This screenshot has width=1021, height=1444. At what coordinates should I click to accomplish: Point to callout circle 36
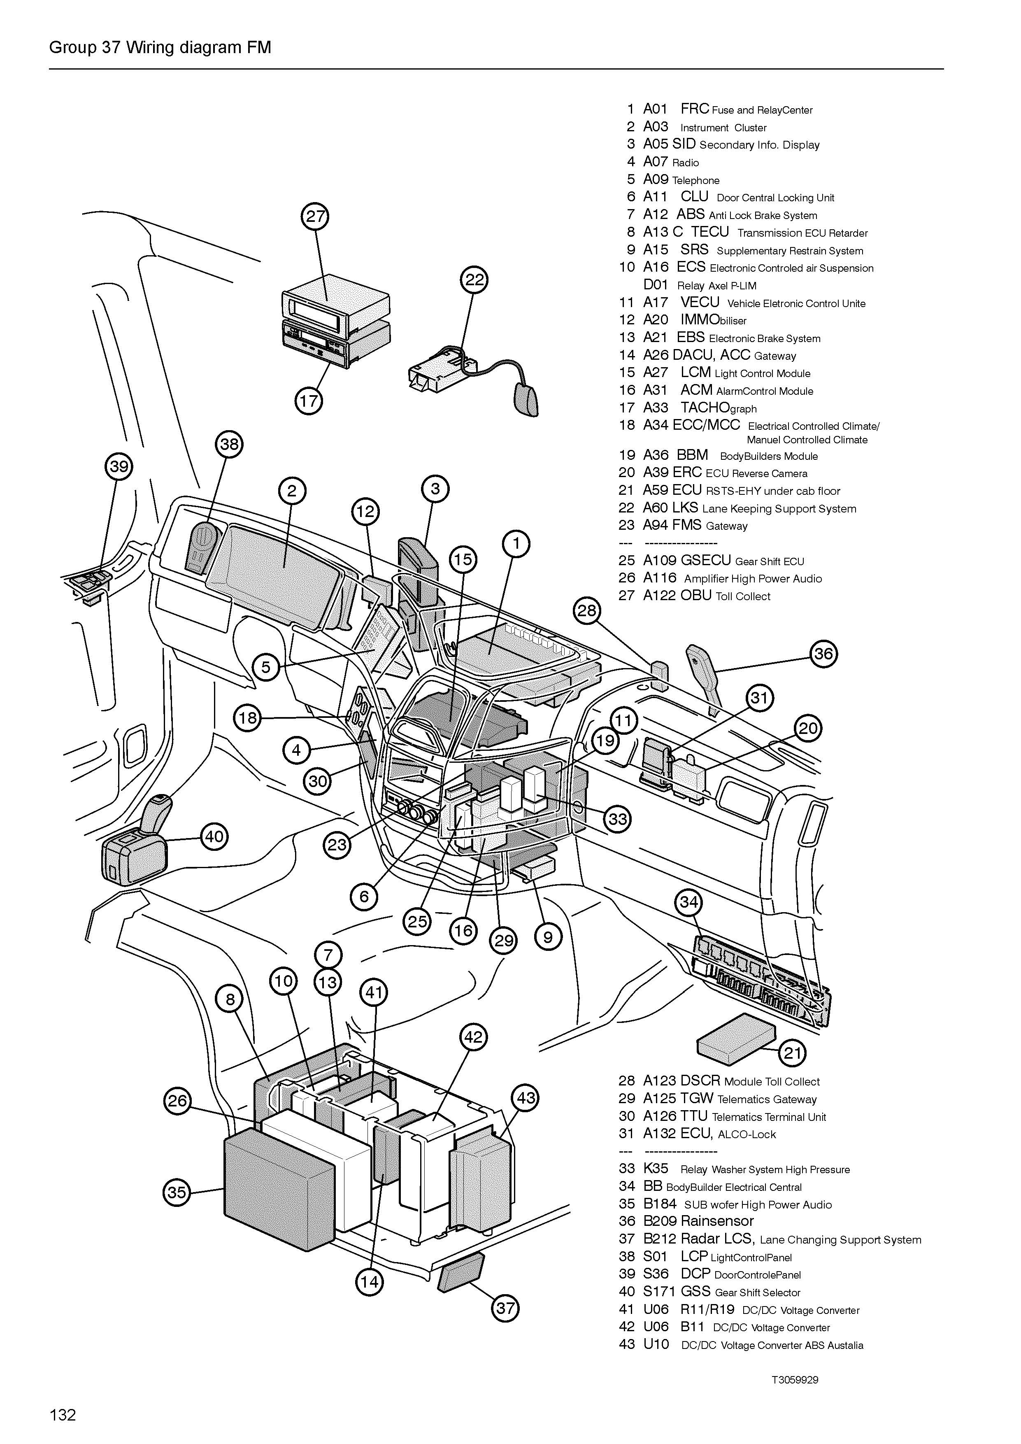[x=823, y=654]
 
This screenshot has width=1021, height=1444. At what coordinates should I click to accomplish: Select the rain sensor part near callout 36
[x=705, y=673]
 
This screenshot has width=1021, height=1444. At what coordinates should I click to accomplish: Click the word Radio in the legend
[x=685, y=163]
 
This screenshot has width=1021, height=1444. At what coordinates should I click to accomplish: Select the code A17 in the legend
[x=655, y=303]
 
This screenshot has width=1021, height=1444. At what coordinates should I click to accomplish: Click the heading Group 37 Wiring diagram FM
[x=160, y=48]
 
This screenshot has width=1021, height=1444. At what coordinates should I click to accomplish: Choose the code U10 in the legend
[x=656, y=1345]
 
